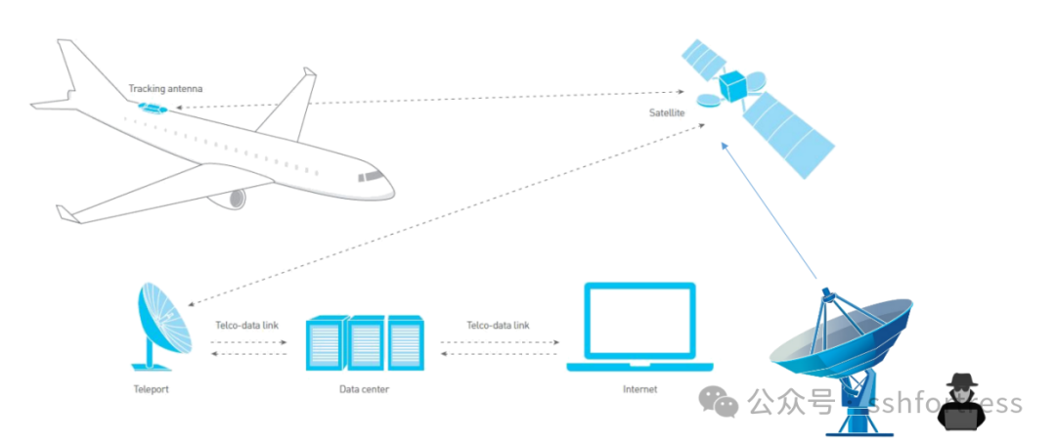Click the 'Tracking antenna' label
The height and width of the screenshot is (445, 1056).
165,89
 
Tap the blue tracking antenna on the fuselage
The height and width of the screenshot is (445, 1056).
154,108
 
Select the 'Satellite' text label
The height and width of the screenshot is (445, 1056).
667,113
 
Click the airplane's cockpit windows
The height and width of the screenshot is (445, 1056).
373,176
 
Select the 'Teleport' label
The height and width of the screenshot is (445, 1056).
150,389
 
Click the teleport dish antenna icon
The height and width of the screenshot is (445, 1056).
160,323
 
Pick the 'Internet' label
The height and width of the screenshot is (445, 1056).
639,389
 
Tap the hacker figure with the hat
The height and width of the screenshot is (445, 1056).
962,402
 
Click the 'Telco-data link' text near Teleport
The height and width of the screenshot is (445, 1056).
248,326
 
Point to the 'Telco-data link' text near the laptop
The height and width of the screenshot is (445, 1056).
498,326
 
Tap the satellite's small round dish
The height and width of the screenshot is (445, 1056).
708,99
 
